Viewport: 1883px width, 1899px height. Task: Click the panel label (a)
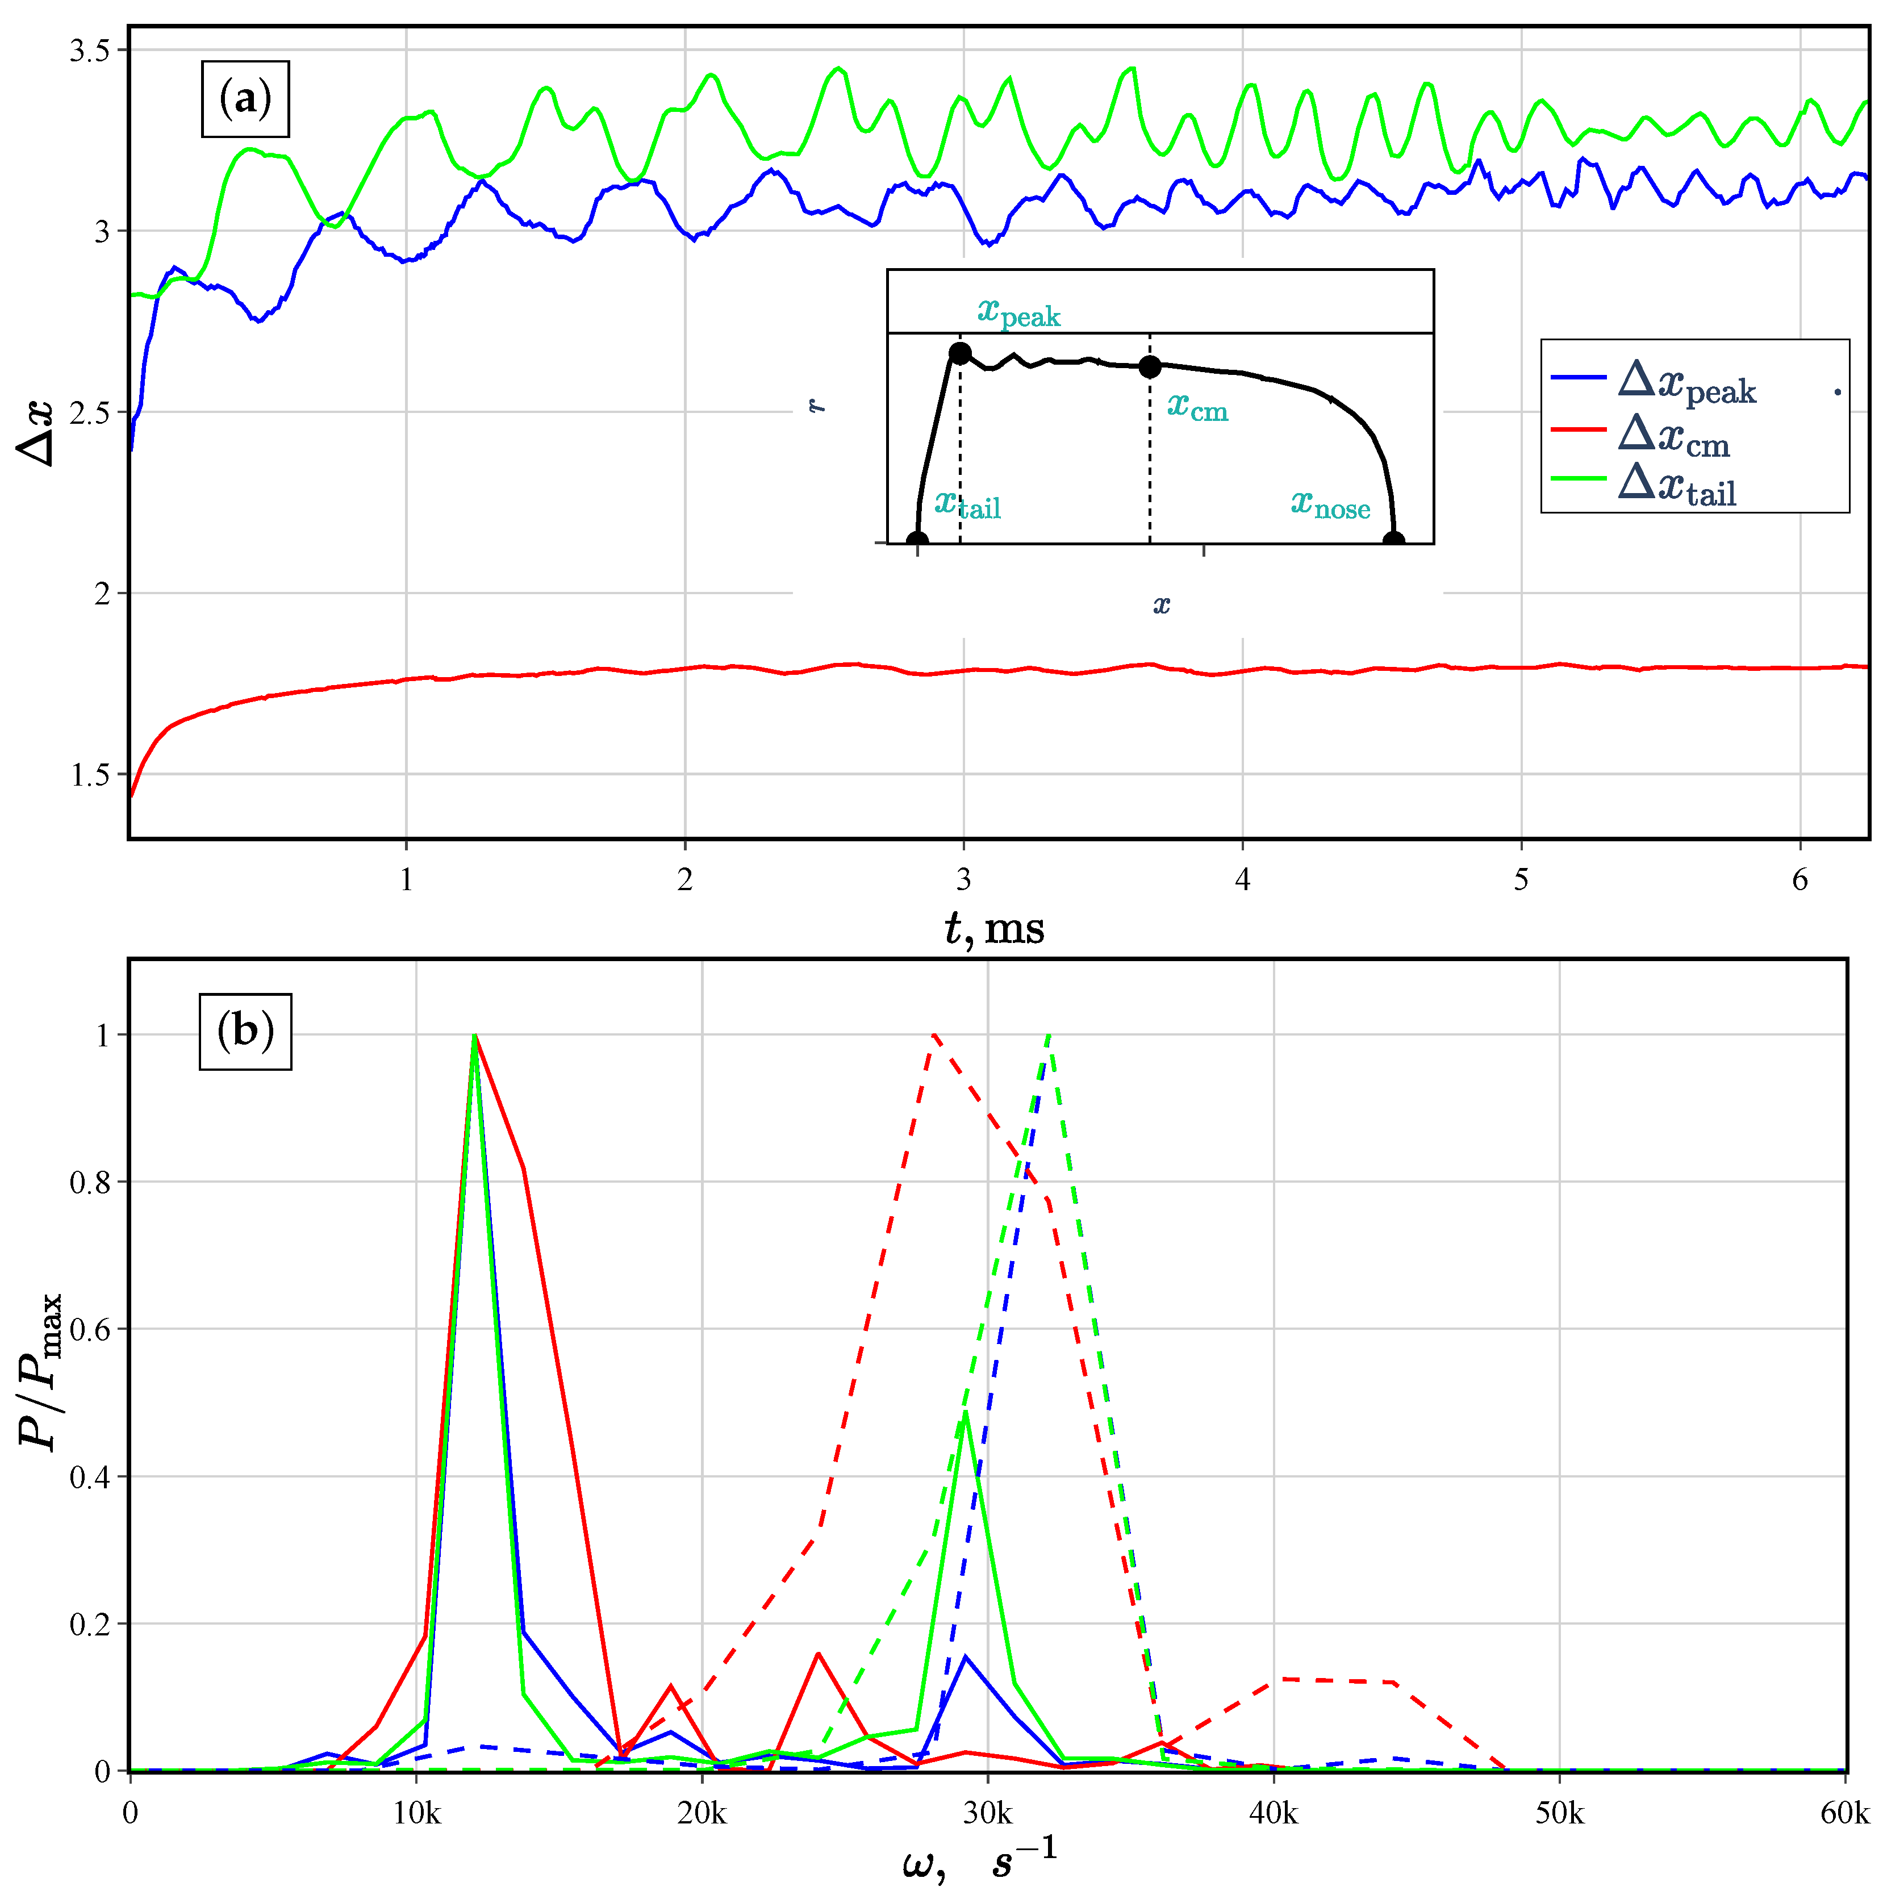coord(245,99)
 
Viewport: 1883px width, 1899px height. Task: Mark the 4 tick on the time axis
coord(1242,880)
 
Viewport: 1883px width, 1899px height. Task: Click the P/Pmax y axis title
coord(41,1371)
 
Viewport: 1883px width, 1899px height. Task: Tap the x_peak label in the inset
coord(1018,312)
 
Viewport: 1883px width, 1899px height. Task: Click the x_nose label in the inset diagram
coord(1330,505)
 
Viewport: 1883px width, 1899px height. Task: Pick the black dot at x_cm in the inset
coord(1150,366)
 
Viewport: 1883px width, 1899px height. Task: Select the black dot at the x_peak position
coord(960,353)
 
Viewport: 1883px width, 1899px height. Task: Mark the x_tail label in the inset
coord(967,504)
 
